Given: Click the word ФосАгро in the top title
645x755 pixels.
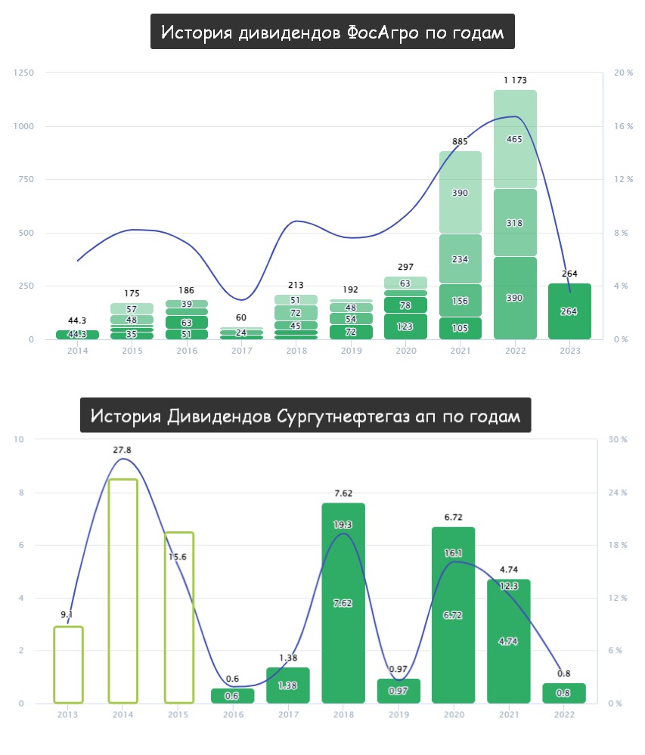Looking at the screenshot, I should pos(383,33).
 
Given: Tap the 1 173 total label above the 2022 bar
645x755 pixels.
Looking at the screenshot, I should pos(515,80).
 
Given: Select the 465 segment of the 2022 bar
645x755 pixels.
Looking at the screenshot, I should pos(515,139).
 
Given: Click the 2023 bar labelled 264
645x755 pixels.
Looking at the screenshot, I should pos(569,311).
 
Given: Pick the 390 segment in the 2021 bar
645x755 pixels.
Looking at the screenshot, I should pos(460,193).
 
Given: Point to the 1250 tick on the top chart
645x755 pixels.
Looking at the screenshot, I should pos(24,73).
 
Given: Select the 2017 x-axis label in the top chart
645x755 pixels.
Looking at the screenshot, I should pos(240,351).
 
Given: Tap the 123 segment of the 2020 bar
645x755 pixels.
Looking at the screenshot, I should pos(405,326).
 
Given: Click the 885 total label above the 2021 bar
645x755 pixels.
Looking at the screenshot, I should pos(460,141).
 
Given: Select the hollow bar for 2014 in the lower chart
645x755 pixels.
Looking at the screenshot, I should pos(123,590).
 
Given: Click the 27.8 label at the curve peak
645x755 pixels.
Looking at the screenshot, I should pos(122,450).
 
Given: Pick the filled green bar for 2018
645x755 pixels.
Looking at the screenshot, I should pos(343,602).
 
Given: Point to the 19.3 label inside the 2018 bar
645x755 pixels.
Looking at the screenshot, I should pos(343,524).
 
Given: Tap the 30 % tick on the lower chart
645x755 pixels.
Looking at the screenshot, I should pos(619,440).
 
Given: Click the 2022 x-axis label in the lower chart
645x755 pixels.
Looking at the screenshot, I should pos(564,715).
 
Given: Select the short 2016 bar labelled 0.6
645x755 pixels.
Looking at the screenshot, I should pos(233,695).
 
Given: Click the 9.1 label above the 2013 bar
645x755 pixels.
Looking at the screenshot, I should pos(68,614).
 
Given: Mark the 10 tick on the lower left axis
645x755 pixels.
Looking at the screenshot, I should pos(20,440).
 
